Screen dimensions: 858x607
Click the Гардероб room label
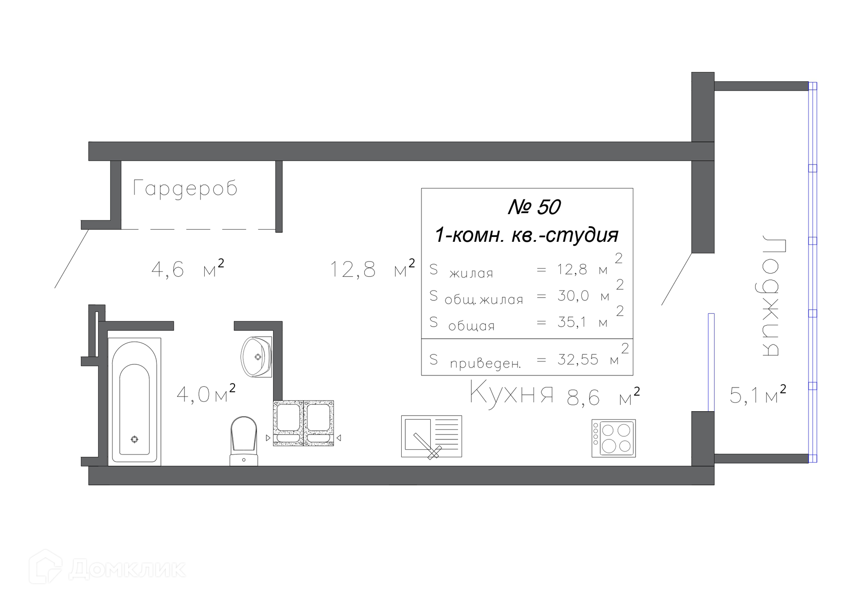(x=185, y=188)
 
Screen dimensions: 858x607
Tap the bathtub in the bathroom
(x=135, y=401)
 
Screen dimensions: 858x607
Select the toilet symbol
(x=244, y=441)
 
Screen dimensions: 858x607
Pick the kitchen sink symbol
(x=432, y=436)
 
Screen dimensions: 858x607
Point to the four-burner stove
(x=614, y=438)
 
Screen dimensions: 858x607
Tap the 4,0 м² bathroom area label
(x=206, y=394)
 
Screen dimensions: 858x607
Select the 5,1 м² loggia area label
(x=758, y=395)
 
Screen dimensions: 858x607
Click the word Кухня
(x=512, y=393)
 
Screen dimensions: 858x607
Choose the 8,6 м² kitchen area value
(x=603, y=396)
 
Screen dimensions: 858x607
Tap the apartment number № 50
(x=534, y=207)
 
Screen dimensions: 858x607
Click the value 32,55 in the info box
(x=577, y=359)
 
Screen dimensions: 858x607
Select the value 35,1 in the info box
(x=572, y=322)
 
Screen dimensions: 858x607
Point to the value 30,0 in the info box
(x=573, y=295)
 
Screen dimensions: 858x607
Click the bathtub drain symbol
(x=135, y=439)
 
